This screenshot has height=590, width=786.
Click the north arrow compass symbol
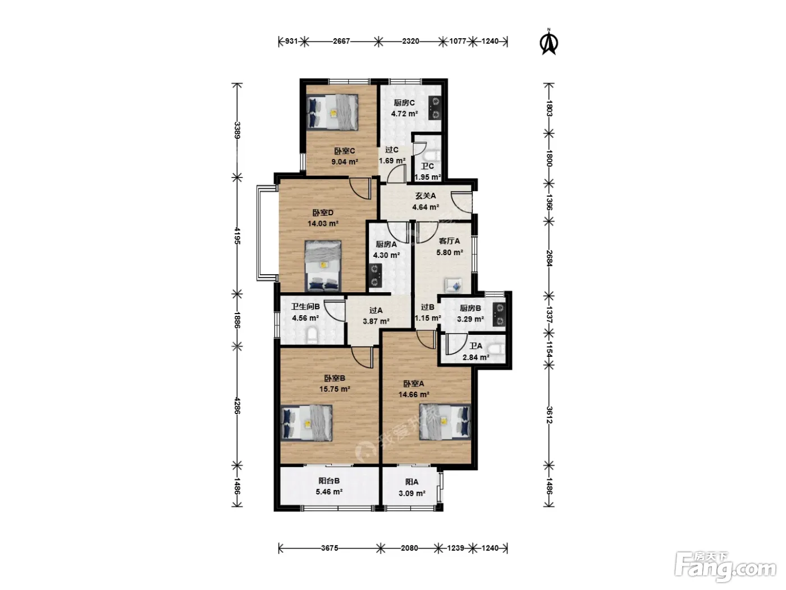coord(548,42)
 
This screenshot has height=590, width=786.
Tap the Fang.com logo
coord(725,571)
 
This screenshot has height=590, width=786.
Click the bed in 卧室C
coord(332,111)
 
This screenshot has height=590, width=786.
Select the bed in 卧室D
coord(323,266)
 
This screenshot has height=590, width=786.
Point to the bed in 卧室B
coord(307,423)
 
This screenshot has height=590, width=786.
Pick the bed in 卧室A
coord(445,421)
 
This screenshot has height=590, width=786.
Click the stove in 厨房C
coord(435,107)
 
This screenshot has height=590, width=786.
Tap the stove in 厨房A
coord(375,275)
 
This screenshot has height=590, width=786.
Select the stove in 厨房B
coord(499,315)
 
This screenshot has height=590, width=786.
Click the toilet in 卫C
coord(432,156)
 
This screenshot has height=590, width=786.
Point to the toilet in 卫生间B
coord(313,335)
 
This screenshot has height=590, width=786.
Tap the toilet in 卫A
coord(497,348)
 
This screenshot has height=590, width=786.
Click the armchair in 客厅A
coord(453,285)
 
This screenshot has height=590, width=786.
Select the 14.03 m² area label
coord(323,224)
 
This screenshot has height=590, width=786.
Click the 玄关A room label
coord(426,196)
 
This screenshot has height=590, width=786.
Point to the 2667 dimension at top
coord(341,41)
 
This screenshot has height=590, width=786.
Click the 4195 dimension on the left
coord(237,235)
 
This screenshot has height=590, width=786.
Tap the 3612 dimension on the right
coord(549,415)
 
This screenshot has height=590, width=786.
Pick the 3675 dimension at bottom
coord(330,548)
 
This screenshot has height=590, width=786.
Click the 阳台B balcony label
coord(329,481)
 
